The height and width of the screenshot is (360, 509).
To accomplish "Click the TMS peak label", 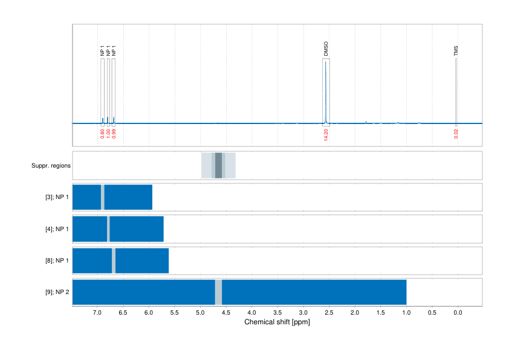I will tap(456, 51).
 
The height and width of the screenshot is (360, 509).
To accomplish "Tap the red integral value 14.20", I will tap(326, 135).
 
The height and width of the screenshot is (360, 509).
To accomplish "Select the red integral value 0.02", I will tap(456, 133).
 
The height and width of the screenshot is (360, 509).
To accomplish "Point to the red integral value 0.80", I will tap(102, 133).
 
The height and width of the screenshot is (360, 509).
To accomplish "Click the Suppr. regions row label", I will tap(51, 165).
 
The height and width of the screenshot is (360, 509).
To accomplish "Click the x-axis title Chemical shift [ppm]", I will tap(277, 322).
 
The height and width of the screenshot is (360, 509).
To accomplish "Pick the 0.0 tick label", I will tap(458, 313).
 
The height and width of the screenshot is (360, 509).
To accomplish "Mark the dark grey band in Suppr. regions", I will tap(219, 165).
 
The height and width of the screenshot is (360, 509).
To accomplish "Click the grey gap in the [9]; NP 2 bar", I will tap(218, 292).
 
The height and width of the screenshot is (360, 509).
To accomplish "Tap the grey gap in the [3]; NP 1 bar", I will tap(103, 197).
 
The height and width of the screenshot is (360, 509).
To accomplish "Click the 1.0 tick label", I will tap(406, 313).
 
